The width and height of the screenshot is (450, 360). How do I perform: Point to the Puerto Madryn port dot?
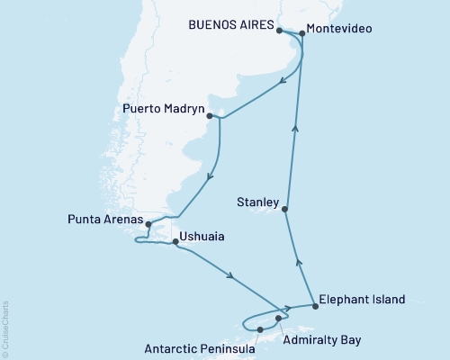click(x=209, y=116)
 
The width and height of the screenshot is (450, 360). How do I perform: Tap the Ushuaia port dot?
click(x=175, y=241)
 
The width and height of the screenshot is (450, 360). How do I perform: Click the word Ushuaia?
click(x=202, y=238)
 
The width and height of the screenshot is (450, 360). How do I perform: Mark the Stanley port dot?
click(x=284, y=210)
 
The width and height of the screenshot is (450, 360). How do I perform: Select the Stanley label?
click(x=257, y=202)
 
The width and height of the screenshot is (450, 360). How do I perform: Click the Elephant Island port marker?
click(x=315, y=306)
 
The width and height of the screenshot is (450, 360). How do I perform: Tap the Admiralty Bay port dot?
click(x=279, y=319)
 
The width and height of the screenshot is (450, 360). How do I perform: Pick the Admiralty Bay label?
click(x=324, y=342)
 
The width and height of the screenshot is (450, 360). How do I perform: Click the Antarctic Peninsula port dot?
click(x=259, y=330)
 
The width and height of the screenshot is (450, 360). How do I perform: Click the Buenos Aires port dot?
click(x=279, y=31)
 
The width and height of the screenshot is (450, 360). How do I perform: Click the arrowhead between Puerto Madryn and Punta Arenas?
click(x=211, y=175)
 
